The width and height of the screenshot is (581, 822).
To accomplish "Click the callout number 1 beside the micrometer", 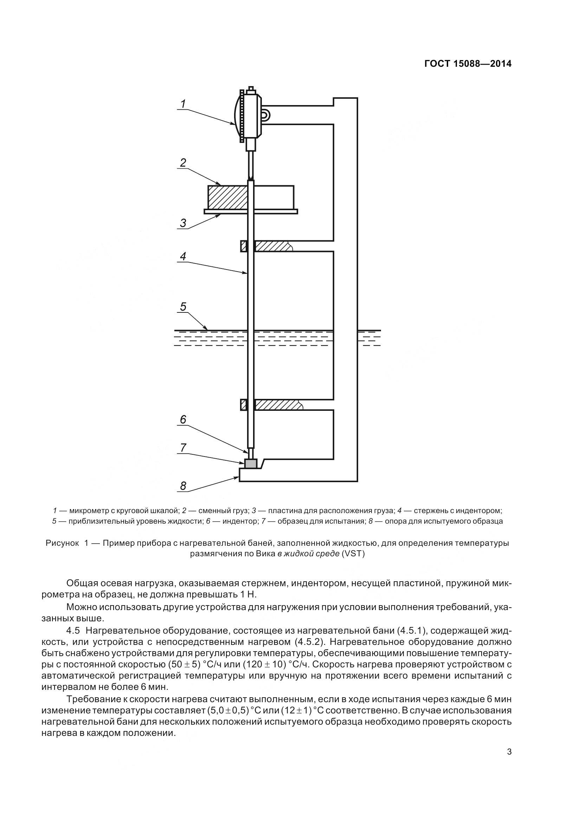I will tap(183, 104).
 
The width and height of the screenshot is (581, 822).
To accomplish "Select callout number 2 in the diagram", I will tap(183, 163).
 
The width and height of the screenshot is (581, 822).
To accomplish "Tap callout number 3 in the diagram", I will tap(183, 223).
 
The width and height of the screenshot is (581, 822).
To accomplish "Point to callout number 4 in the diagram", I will tap(183, 256).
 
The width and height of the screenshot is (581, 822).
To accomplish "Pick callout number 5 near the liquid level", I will tap(183, 306).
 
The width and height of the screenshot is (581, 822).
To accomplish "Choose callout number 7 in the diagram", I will tap(183, 447).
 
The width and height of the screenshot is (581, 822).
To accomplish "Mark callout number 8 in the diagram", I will tap(183, 486).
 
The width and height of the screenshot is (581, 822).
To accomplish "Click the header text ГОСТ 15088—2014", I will tap(467, 64).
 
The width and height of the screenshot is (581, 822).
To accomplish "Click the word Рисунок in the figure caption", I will tap(62, 543).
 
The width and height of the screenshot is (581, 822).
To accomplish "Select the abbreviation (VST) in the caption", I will tap(353, 554).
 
